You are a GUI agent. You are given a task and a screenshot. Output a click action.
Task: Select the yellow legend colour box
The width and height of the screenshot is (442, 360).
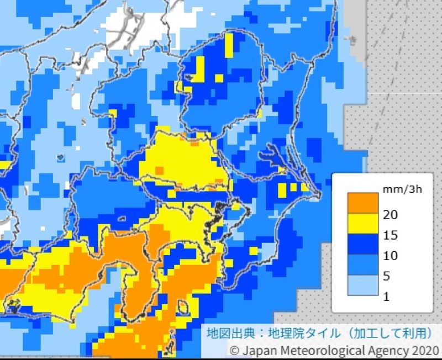pyautogui.click(x=360, y=225)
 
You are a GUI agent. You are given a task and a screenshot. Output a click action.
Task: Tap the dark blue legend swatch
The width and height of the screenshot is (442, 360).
pyautogui.click(x=360, y=245)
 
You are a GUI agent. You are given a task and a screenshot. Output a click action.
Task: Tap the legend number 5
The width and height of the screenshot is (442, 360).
pyautogui.click(x=387, y=276)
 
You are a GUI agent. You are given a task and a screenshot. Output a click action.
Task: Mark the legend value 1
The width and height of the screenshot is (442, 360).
pyautogui.click(x=386, y=297)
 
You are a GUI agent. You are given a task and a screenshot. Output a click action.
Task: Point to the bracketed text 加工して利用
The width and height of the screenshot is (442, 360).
pyautogui.click(x=381, y=335)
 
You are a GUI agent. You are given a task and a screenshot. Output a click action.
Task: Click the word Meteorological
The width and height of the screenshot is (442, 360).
pyautogui.click(x=313, y=351)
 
